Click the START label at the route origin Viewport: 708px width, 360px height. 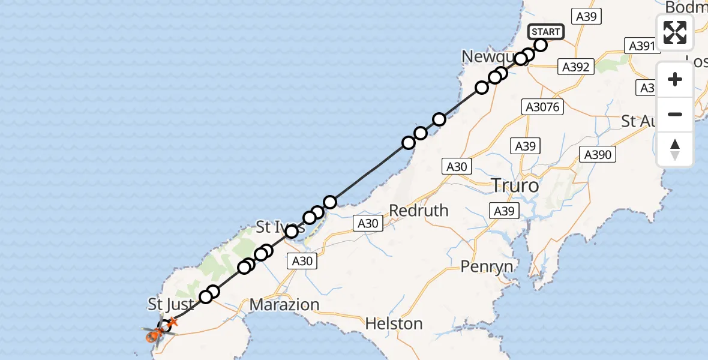pyautogui.click(x=545, y=31)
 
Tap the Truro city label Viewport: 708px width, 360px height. pyautogui.click(x=515, y=185)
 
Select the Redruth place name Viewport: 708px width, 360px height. pyautogui.click(x=419, y=211)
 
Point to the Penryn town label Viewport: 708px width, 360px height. pyautogui.click(x=487, y=266)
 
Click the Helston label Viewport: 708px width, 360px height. pyautogui.click(x=394, y=324)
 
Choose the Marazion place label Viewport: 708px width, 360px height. pyautogui.click(x=284, y=304)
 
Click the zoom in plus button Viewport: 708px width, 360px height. pyautogui.click(x=675, y=79)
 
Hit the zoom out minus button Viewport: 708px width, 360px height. pyautogui.click(x=675, y=114)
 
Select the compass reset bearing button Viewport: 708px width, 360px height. pyautogui.click(x=675, y=149)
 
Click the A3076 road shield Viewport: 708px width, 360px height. pyautogui.click(x=542, y=107)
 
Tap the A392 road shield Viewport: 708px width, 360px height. pyautogui.click(x=577, y=67)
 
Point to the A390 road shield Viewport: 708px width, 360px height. pyautogui.click(x=598, y=155)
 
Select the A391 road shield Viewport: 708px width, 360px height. pyautogui.click(x=641, y=46)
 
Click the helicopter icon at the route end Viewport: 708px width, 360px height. pyautogui.click(x=154, y=335)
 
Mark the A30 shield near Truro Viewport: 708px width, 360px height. pyautogui.click(x=457, y=166)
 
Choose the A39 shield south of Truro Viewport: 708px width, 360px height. pyautogui.click(x=504, y=211)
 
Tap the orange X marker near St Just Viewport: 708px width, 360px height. pyautogui.click(x=172, y=323)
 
